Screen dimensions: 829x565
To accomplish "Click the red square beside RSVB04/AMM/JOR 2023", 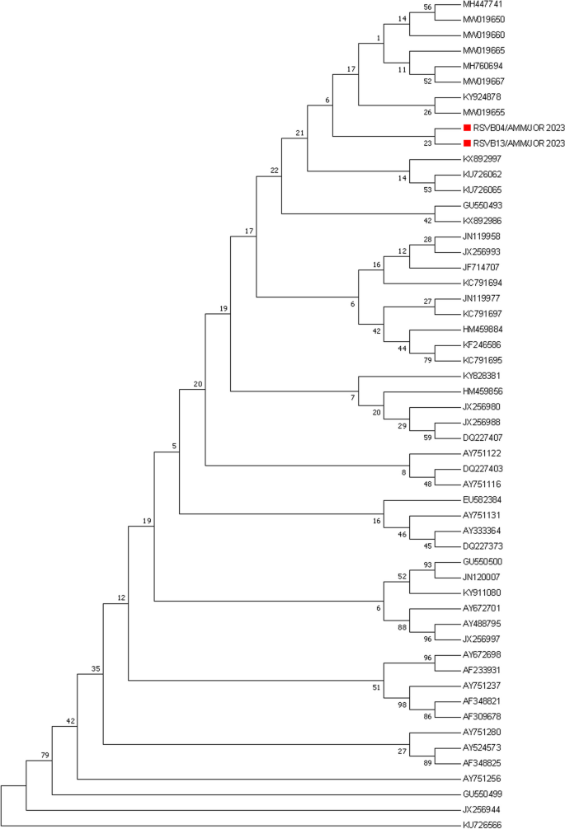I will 467,128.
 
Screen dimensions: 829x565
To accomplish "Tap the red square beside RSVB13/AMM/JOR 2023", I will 467,143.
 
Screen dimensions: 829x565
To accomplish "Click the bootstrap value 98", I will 403,702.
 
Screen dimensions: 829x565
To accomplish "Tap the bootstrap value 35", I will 95,668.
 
